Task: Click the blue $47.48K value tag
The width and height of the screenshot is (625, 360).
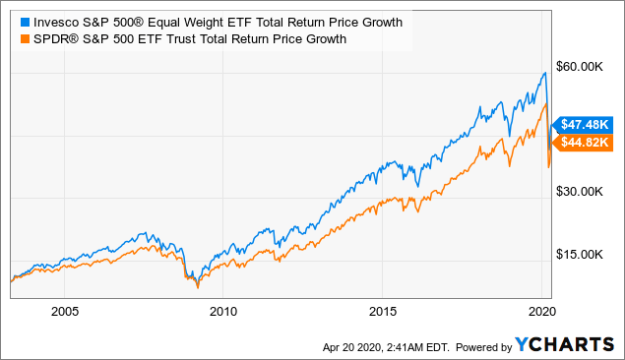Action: coord(585,124)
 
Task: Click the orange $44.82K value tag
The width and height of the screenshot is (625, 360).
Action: coord(585,143)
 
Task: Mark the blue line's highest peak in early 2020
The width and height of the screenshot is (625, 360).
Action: coord(544,73)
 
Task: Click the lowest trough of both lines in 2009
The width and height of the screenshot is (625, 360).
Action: coord(197,285)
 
